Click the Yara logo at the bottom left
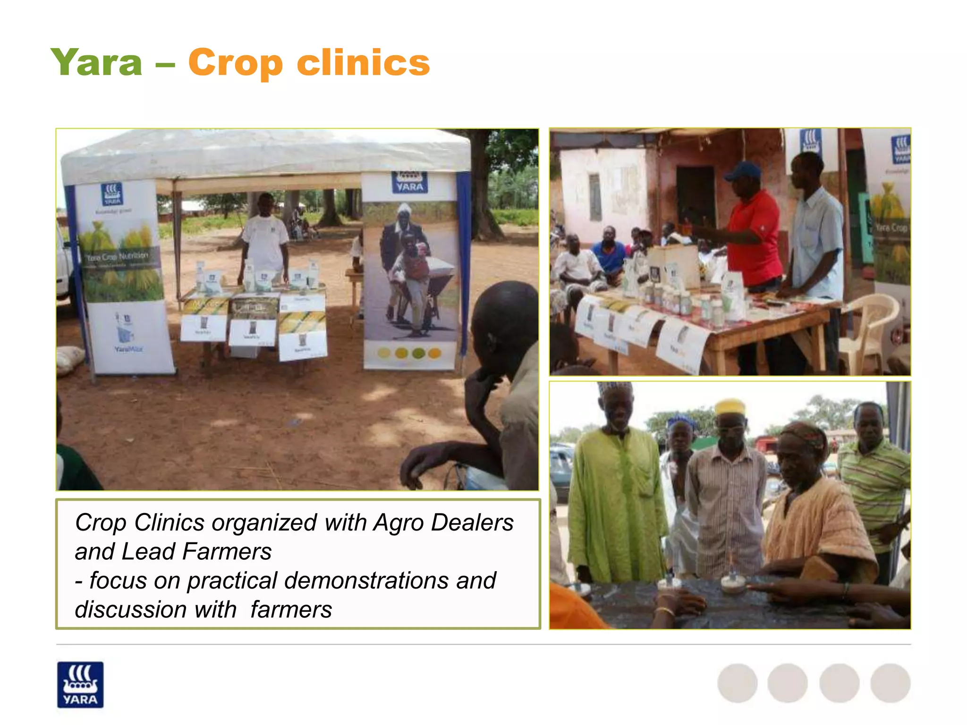(x=80, y=684)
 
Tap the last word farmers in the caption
(x=291, y=609)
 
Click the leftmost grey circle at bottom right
(x=737, y=683)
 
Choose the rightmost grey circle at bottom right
(x=890, y=683)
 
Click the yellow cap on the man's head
(x=730, y=406)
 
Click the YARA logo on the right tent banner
(x=409, y=182)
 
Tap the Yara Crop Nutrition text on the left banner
(x=118, y=256)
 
